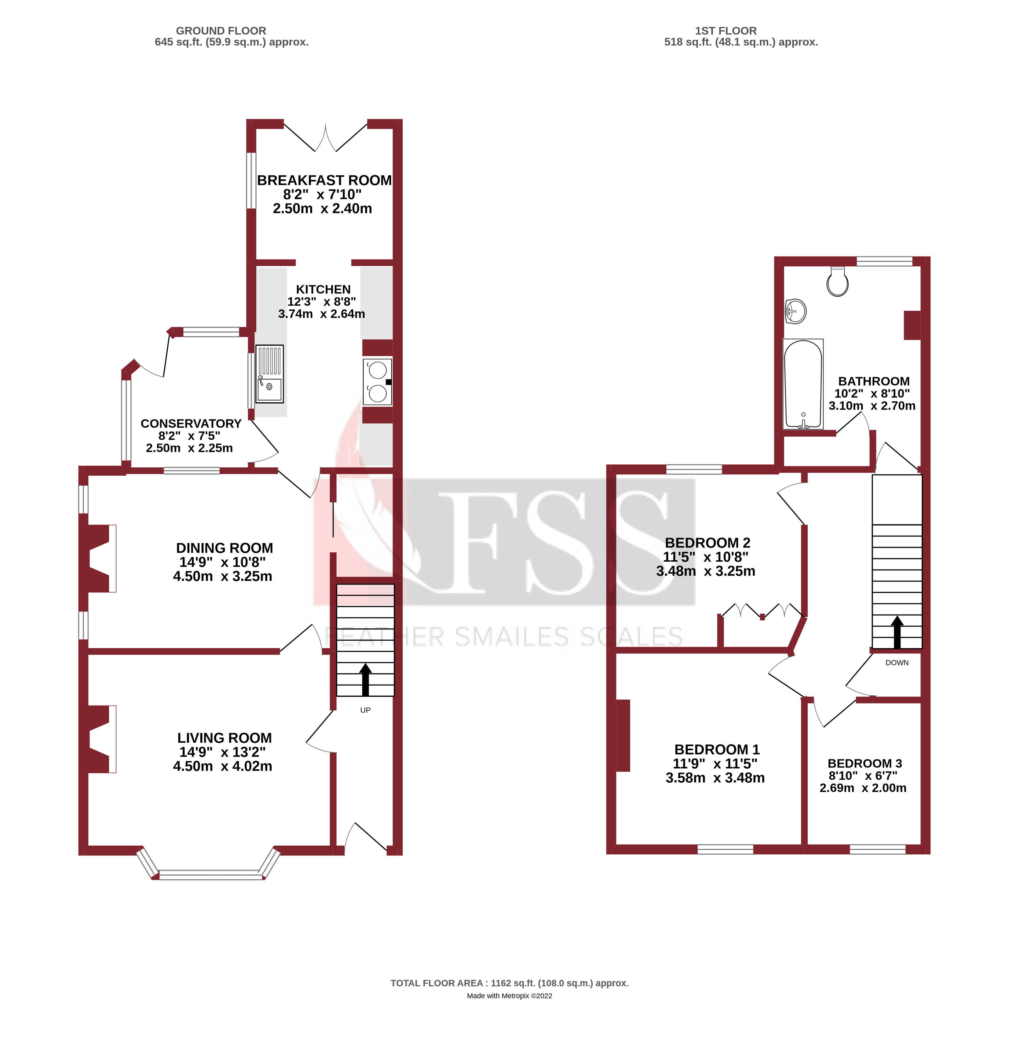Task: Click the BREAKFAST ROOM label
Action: (x=324, y=180)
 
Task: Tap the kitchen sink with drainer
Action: (x=269, y=374)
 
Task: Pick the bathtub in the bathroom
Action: (x=803, y=384)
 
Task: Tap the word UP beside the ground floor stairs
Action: (x=365, y=710)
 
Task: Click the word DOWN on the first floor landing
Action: (x=897, y=663)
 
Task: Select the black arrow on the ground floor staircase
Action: (x=365, y=679)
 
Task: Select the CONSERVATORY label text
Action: (x=191, y=423)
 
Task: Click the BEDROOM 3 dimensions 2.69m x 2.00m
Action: (x=863, y=788)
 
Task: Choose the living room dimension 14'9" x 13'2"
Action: (x=222, y=752)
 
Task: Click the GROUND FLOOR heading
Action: (x=221, y=31)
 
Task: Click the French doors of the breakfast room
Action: (x=325, y=138)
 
